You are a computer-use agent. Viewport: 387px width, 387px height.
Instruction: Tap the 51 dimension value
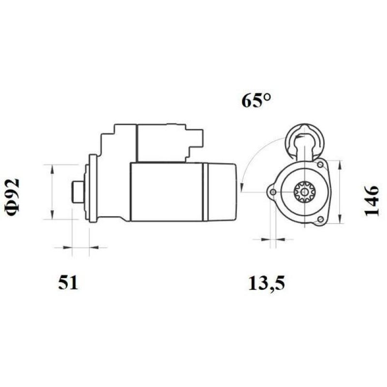click(68, 282)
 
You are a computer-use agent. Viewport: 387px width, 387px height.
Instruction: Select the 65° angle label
click(256, 101)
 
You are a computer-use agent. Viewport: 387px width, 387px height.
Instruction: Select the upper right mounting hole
click(320, 165)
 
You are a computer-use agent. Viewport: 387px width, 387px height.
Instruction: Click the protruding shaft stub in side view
click(75, 192)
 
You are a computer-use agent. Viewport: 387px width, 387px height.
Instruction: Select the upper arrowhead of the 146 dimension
click(342, 162)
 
